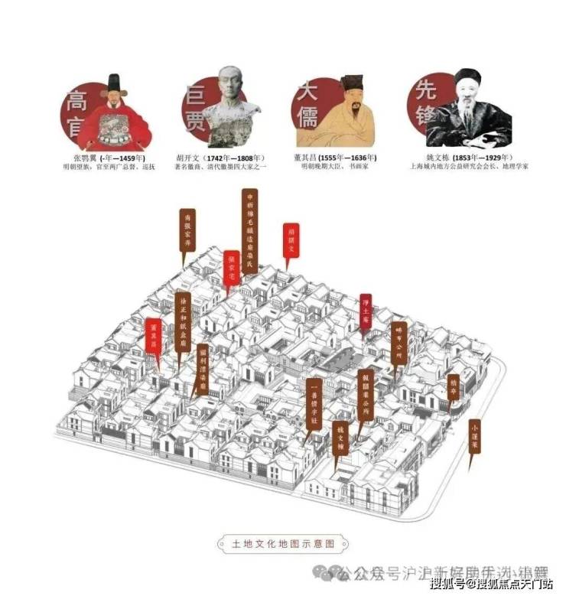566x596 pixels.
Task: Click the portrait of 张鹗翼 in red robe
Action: [x=116, y=115]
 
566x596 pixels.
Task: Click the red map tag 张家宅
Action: [x=232, y=266]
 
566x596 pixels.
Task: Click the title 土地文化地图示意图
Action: [x=283, y=544]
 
